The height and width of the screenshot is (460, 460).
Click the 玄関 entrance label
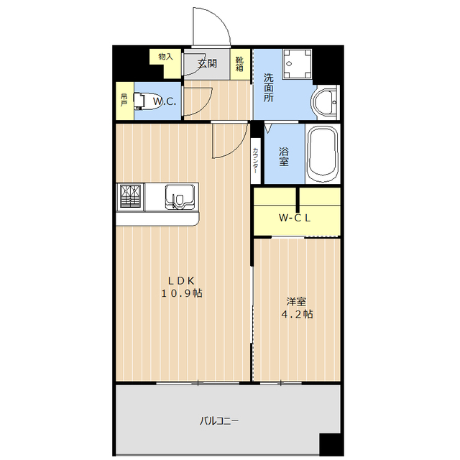point(207,63)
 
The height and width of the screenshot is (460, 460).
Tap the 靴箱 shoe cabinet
point(241,65)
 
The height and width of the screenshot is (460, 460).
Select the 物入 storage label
point(166,56)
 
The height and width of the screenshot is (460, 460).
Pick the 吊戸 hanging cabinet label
point(124,99)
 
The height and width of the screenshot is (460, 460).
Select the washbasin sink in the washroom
point(327,102)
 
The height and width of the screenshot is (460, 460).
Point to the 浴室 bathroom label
point(285,156)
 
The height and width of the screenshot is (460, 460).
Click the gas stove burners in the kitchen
point(131,195)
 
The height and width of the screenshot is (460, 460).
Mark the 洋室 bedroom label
point(296,302)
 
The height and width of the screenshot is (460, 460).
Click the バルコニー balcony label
point(220,421)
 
